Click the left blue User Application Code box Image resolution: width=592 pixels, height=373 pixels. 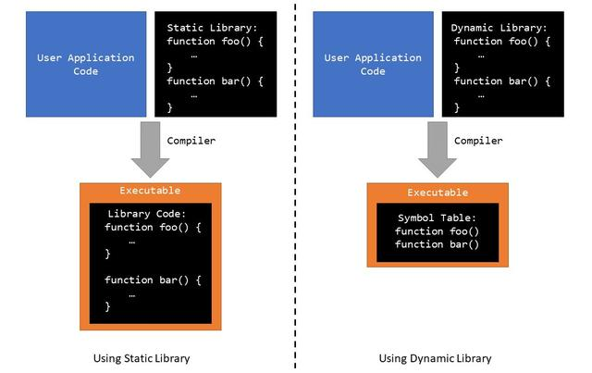click(85, 64)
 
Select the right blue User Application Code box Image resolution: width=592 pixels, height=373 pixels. click(373, 64)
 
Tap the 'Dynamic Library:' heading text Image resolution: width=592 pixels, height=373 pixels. click(499, 28)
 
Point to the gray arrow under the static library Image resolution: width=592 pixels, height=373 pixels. click(150, 148)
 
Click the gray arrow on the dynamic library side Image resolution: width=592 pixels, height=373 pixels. click(438, 148)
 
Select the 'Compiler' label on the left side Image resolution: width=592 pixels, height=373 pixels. click(191, 141)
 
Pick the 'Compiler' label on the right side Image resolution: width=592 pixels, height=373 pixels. click(479, 141)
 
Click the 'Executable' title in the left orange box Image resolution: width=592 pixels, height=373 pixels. click(150, 190)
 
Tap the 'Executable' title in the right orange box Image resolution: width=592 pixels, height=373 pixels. click(438, 193)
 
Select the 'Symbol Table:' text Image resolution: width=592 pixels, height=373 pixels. click(437, 217)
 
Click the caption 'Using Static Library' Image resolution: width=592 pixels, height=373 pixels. click(148, 358)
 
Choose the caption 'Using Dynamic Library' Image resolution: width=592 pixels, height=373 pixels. click(435, 358)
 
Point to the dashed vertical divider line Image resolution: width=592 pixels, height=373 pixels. click(296, 185)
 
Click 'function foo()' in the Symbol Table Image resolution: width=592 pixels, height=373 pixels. click(437, 230)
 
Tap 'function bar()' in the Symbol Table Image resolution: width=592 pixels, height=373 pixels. click(437, 244)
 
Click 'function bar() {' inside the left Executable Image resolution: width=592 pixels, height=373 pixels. click(153, 280)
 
